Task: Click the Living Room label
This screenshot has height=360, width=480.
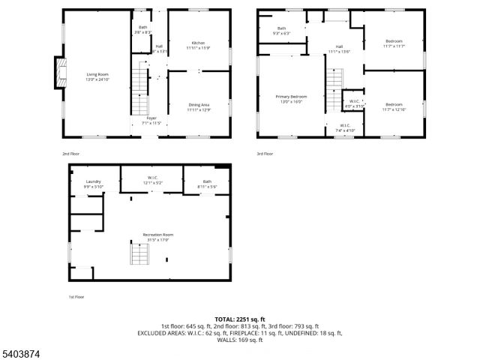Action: (97, 76)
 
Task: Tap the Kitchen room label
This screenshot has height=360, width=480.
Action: (198, 45)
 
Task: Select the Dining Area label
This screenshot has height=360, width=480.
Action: (198, 106)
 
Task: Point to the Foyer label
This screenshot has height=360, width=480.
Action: (151, 119)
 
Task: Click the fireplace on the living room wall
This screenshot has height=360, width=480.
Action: (57, 73)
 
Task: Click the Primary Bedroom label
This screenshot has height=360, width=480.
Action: (292, 98)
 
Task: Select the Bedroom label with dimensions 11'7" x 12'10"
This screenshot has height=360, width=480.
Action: (394, 106)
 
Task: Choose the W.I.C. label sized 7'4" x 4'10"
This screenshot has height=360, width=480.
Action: (345, 127)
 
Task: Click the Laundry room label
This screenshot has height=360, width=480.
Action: (93, 184)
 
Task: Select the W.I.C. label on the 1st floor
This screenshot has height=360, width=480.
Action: (152, 181)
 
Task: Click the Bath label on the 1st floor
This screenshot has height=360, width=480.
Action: (207, 183)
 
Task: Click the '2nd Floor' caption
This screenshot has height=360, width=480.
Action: (70, 154)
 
